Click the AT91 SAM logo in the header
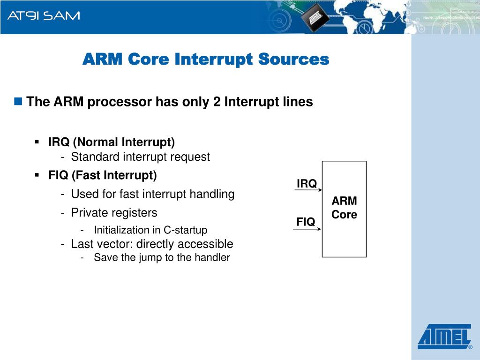coord(44,15)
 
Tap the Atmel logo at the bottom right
coord(444,337)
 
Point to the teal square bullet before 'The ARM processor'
coord(18,101)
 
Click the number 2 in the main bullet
coord(217,102)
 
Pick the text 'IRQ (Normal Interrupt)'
coord(112,142)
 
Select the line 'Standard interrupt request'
coord(141,157)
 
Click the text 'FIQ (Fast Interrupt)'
coord(103,175)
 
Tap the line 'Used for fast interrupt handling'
coord(153,194)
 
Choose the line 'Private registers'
coord(114,213)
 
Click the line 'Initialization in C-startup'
coord(150,230)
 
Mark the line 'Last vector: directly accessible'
coord(152,244)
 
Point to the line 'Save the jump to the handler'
coord(162,257)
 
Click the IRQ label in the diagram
coord(307,184)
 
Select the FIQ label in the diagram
coord(306,222)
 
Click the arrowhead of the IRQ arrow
coord(320,190)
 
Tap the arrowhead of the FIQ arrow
coord(320,229)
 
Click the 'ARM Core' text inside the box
coord(345,208)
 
